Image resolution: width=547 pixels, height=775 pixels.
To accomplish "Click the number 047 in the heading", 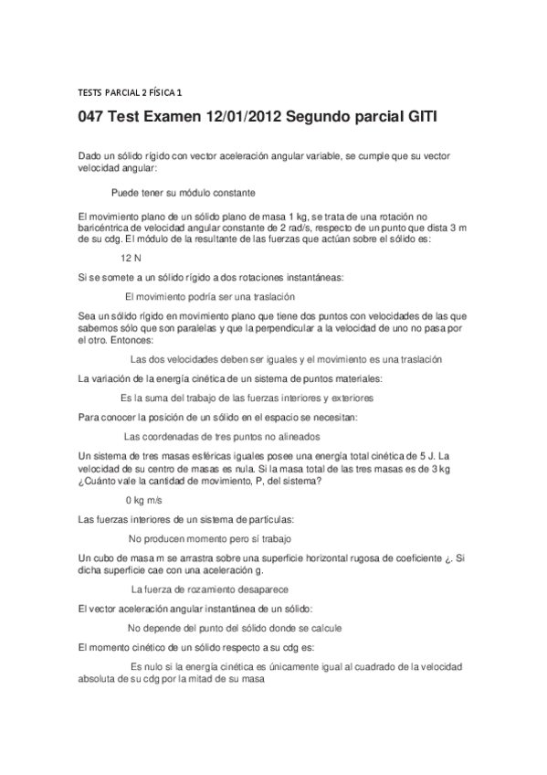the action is coord(93,120).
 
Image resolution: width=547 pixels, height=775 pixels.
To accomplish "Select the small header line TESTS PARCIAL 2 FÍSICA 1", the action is coord(130,91).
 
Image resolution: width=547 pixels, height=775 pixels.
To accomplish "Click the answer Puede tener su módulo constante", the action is coord(183,193).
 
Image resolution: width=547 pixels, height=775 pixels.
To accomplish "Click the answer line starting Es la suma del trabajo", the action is coord(247,398).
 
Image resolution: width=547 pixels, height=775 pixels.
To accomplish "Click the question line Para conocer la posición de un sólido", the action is coord(218,417).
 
